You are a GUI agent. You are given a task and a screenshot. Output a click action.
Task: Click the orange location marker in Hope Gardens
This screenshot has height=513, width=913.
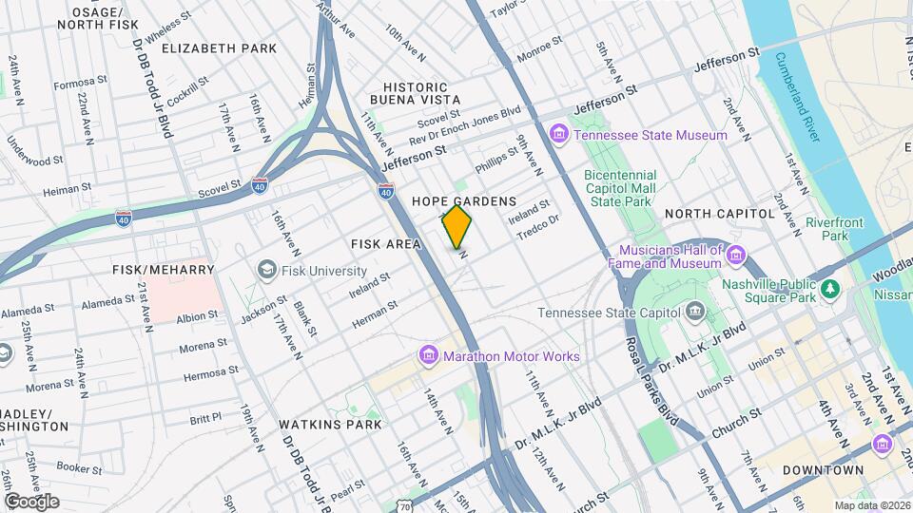point(457,226)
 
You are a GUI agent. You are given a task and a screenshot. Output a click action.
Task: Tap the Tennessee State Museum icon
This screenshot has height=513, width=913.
point(558,135)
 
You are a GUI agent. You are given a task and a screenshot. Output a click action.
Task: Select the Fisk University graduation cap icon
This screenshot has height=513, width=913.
point(267,270)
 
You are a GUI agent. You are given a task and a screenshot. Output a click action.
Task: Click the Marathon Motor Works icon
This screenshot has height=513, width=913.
point(430,356)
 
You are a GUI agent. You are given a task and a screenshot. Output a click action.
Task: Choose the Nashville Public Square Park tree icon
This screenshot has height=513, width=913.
point(831,288)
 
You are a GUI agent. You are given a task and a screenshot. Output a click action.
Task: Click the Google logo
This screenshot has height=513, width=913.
point(31,501)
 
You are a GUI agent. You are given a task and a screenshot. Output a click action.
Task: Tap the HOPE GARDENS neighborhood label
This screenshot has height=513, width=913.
point(464,201)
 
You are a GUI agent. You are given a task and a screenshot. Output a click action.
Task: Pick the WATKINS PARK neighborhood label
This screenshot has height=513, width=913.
point(330,424)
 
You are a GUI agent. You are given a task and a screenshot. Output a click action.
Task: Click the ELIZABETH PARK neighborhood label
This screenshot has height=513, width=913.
point(219,47)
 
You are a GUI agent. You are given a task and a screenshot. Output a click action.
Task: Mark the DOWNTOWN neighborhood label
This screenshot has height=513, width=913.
point(823,470)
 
